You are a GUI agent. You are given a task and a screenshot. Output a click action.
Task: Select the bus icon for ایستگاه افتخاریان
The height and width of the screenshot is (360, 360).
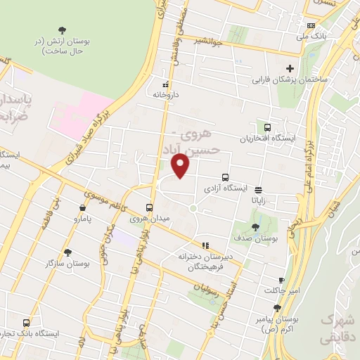pyautogui.click(x=267, y=127)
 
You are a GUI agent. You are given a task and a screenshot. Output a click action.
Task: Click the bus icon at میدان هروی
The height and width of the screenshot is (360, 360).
pyautogui.click(x=149, y=207)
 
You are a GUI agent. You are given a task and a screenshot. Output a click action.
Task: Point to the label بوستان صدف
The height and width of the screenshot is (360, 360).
pyautogui.click(x=255, y=240)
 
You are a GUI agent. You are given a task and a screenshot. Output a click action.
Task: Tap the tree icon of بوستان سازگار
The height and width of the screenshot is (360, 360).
pyautogui.click(x=67, y=252)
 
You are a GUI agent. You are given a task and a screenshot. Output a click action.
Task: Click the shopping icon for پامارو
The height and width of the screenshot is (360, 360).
pyautogui.click(x=84, y=208)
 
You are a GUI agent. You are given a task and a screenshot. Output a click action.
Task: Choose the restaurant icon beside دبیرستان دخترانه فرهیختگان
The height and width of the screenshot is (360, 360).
pyautogui.click(x=205, y=245)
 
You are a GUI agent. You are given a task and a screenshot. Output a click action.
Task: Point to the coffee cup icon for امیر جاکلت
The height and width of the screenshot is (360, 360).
pyautogui.click(x=282, y=279)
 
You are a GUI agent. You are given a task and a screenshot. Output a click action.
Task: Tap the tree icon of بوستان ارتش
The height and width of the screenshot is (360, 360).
pyautogui.click(x=63, y=30)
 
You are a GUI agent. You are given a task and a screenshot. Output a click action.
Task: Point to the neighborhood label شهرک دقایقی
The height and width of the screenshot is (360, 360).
pyautogui.click(x=339, y=328)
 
